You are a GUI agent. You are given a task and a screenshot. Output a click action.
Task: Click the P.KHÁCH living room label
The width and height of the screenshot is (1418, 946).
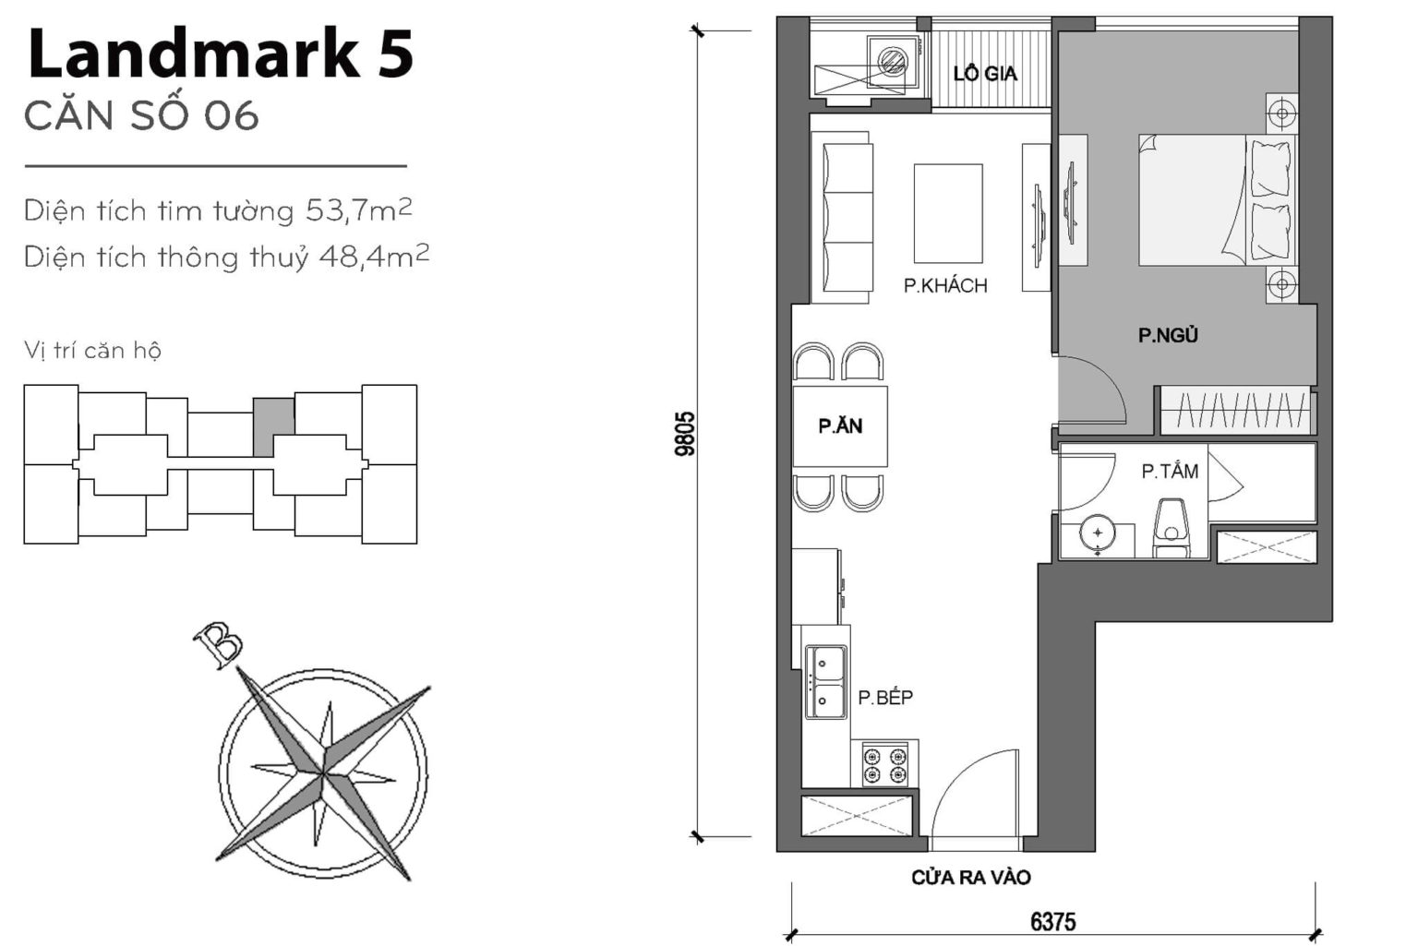(944, 286)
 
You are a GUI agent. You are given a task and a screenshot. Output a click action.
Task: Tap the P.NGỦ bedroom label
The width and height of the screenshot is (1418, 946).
(1167, 336)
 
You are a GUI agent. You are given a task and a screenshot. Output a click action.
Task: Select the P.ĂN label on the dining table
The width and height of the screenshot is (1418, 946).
(840, 425)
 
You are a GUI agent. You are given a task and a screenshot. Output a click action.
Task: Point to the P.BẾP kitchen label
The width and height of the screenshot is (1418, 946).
(884, 698)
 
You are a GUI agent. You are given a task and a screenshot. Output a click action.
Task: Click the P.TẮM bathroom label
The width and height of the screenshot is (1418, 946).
(1169, 472)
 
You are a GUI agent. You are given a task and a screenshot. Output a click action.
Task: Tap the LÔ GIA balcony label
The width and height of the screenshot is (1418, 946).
(984, 74)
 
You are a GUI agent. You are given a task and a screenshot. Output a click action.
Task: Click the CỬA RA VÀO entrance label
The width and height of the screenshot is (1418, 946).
(970, 878)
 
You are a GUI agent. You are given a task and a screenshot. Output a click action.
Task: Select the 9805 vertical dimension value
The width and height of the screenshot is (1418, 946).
(685, 434)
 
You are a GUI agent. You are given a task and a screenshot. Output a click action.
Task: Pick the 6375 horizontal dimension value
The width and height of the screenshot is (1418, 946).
(1052, 921)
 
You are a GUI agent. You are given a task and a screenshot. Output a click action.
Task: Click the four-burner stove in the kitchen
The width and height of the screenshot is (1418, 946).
(884, 764)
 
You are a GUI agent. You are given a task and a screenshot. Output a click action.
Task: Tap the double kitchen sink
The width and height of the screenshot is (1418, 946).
(825, 682)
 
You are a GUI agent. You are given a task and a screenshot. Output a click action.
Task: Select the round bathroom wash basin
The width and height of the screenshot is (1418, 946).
(1097, 534)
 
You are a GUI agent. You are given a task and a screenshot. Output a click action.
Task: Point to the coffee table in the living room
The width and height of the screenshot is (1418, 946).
(948, 214)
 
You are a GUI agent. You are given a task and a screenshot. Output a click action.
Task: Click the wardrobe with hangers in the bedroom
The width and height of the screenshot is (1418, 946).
(1235, 410)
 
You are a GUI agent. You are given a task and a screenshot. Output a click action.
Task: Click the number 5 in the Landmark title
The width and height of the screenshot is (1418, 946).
(395, 54)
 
